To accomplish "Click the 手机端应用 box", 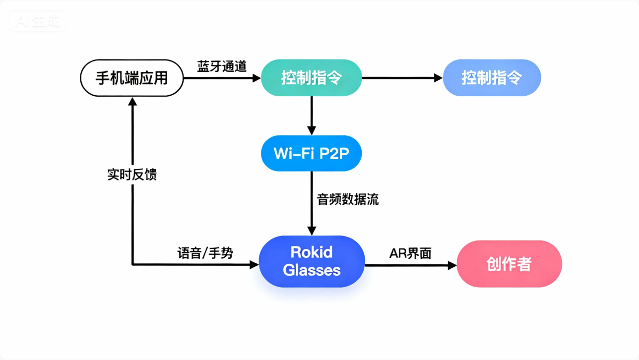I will pyautogui.click(x=131, y=78).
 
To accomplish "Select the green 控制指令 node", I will pyautogui.click(x=311, y=78).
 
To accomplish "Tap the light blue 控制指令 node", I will pyautogui.click(x=491, y=78).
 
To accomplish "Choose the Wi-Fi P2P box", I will pyautogui.click(x=311, y=153).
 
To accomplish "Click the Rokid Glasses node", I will pyautogui.click(x=312, y=261).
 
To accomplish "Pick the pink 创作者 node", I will pyautogui.click(x=509, y=264).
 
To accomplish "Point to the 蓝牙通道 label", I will pyautogui.click(x=222, y=67).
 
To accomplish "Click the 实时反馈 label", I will pyautogui.click(x=132, y=175).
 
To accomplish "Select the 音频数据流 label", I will pyautogui.click(x=348, y=199).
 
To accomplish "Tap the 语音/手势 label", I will pyautogui.click(x=205, y=253).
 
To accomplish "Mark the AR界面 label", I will pyautogui.click(x=410, y=253).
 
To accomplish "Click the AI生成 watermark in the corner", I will pyautogui.click(x=37, y=21).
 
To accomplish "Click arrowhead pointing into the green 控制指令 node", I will pyautogui.click(x=256, y=78).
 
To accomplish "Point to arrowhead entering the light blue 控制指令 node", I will pyautogui.click(x=438, y=78).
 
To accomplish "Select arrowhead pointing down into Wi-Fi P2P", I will pyautogui.click(x=311, y=130).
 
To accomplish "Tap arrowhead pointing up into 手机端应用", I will pyautogui.click(x=132, y=101).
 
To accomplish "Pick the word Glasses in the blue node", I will pyautogui.click(x=312, y=270).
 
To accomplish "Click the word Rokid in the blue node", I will pyautogui.click(x=312, y=252).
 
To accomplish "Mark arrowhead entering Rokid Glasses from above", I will pyautogui.click(x=312, y=231).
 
